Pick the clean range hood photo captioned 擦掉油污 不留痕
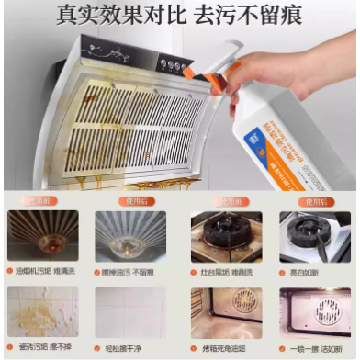[x=130, y=236]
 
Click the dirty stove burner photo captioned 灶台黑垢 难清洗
[x=226, y=236]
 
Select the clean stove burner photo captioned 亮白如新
[x=315, y=236]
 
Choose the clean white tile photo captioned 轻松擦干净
[x=130, y=311]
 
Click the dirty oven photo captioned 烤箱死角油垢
[x=226, y=311]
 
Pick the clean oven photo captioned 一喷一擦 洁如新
[x=315, y=311]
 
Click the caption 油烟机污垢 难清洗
[x=45, y=272]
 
